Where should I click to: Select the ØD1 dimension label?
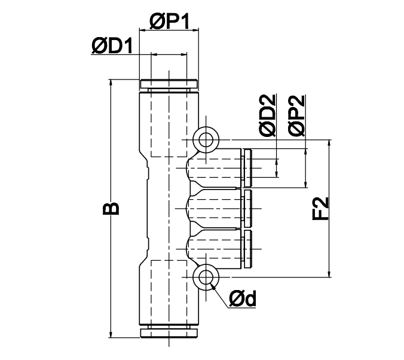click(x=112, y=46)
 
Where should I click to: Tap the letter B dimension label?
click(x=111, y=208)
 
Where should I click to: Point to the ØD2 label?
click(x=268, y=115)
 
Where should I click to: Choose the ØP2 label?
click(x=297, y=115)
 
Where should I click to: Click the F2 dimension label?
click(x=320, y=208)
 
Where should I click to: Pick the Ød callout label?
click(x=243, y=298)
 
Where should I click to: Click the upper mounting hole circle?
click(x=206, y=140)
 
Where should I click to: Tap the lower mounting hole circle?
click(x=206, y=277)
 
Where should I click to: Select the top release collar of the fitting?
click(x=169, y=84)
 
